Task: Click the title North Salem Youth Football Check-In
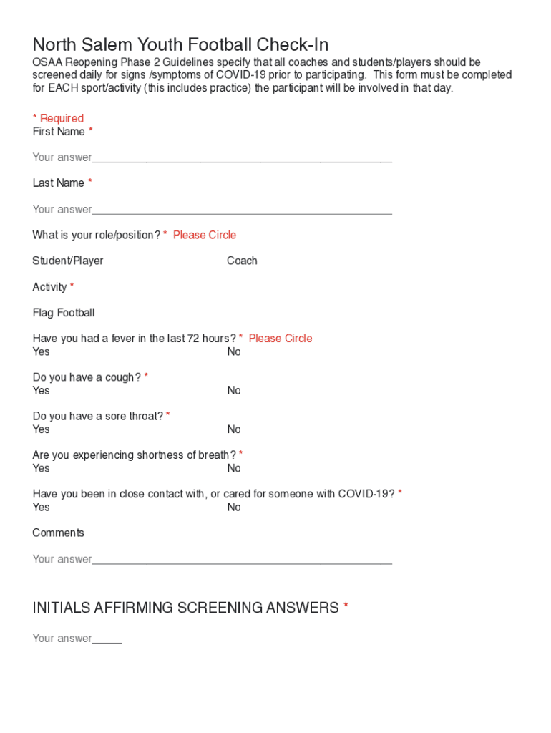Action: click(180, 45)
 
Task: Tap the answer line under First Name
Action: click(241, 158)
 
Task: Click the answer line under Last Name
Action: click(241, 210)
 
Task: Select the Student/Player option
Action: click(68, 261)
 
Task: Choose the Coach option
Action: click(242, 261)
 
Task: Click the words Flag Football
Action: click(64, 313)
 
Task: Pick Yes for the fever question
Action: click(42, 351)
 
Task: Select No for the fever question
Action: click(234, 351)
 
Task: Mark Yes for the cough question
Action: click(42, 390)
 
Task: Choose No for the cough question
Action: click(234, 390)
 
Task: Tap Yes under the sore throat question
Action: click(42, 429)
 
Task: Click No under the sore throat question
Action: click(234, 429)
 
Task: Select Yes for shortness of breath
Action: click(42, 468)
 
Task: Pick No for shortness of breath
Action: click(234, 468)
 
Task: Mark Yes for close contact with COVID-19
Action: click(42, 507)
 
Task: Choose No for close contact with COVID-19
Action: click(234, 507)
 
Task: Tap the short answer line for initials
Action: click(107, 639)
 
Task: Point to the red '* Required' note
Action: click(58, 118)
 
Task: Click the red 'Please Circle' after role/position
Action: click(205, 235)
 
